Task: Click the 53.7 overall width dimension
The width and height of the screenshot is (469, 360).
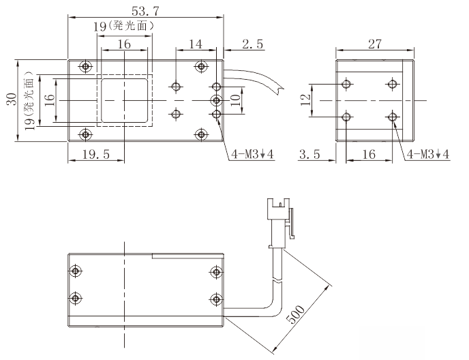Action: (145, 12)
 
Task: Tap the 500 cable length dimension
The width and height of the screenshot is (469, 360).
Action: (296, 314)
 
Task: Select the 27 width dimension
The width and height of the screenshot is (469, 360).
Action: (375, 44)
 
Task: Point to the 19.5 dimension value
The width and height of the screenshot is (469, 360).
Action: (96, 154)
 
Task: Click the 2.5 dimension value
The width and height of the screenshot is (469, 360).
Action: (253, 44)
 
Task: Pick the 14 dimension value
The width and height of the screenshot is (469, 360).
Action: (196, 44)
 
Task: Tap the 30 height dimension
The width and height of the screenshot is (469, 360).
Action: (12, 100)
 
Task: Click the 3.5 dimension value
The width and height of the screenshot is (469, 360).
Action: (309, 154)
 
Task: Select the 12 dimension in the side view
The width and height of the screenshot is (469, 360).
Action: (305, 100)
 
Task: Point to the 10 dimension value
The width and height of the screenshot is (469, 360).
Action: (236, 100)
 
